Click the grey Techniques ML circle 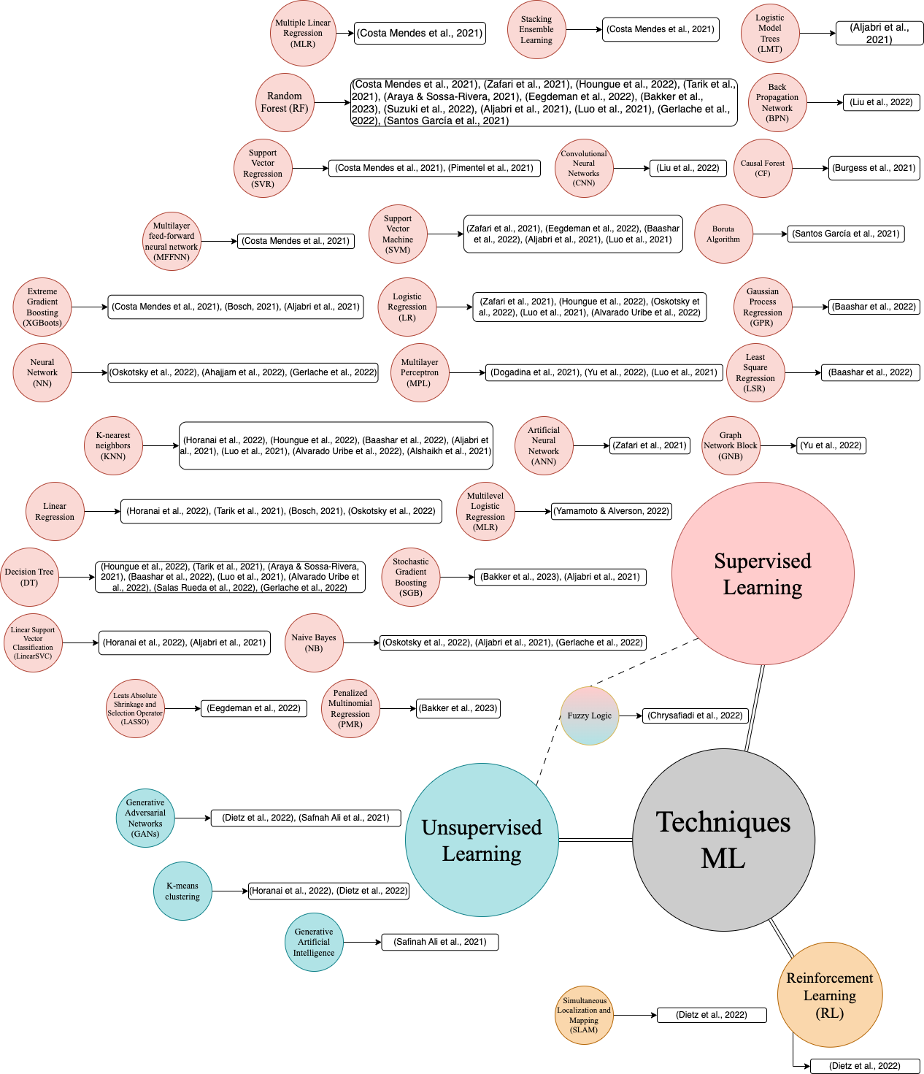tap(723, 840)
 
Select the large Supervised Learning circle tap(763, 573)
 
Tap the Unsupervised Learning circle tap(482, 840)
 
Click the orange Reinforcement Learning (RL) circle tap(830, 994)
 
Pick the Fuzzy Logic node tap(590, 716)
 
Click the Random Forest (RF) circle tap(285, 102)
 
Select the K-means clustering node tap(182, 891)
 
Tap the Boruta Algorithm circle tap(723, 234)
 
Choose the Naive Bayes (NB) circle tap(314, 643)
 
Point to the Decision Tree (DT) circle tap(29, 577)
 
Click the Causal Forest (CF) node tap(763, 168)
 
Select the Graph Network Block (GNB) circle tap(731, 445)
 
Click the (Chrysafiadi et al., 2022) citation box tap(695, 716)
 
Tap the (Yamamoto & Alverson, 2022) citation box tap(612, 511)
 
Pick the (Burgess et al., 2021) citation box tap(874, 168)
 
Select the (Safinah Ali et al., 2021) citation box tap(440, 942)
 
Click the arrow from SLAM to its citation tap(634, 1015)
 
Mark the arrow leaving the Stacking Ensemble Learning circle tap(583, 29)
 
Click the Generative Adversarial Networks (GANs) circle tap(145, 818)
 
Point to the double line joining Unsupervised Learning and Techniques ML tap(595, 840)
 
